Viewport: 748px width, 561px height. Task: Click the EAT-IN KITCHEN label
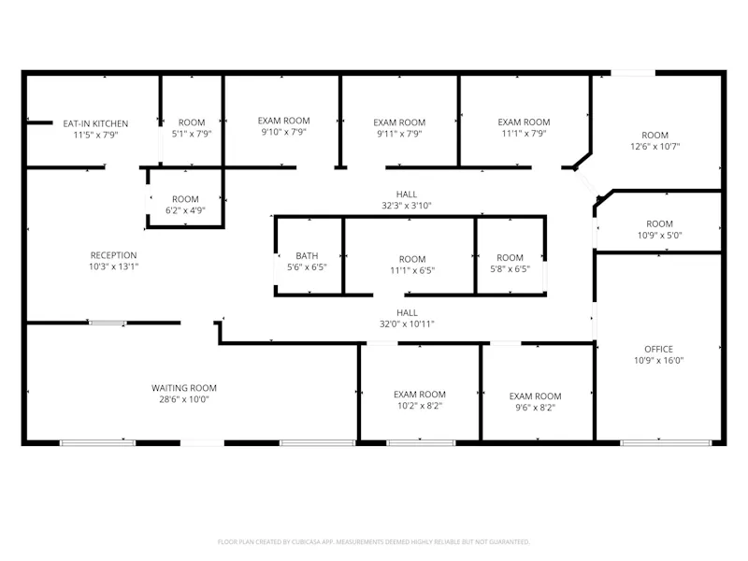point(95,123)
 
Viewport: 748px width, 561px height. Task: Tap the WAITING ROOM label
point(184,388)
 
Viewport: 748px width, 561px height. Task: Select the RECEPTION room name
point(113,255)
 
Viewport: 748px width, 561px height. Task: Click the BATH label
point(307,256)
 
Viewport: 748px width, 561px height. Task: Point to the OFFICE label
point(659,349)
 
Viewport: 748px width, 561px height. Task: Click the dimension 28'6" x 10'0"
point(184,399)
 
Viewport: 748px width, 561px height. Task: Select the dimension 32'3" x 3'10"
point(407,206)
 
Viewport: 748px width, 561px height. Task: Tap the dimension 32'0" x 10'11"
point(407,324)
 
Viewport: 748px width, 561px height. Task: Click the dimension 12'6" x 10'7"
point(655,147)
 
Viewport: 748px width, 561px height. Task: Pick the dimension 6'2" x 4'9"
point(185,210)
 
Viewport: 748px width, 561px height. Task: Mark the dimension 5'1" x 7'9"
point(192,134)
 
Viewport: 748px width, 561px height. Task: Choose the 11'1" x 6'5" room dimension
point(412,270)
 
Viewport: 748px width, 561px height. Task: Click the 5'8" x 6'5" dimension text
point(510,269)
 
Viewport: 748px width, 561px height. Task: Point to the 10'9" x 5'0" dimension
point(660,236)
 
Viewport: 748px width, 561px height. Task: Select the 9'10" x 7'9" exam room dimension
point(284,132)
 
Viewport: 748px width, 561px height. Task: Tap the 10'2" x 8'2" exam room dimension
point(420,406)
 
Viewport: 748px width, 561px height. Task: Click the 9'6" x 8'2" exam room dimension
point(535,408)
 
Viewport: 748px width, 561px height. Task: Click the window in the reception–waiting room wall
point(108,323)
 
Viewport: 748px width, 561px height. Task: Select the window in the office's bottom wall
point(666,443)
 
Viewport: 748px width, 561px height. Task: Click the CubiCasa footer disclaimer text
point(373,542)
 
